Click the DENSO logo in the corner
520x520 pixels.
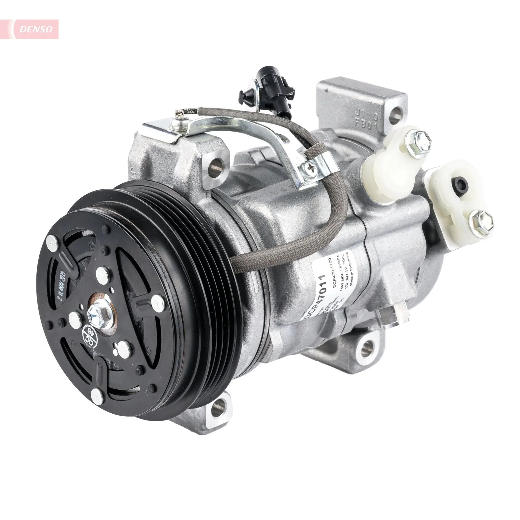[36, 29]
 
